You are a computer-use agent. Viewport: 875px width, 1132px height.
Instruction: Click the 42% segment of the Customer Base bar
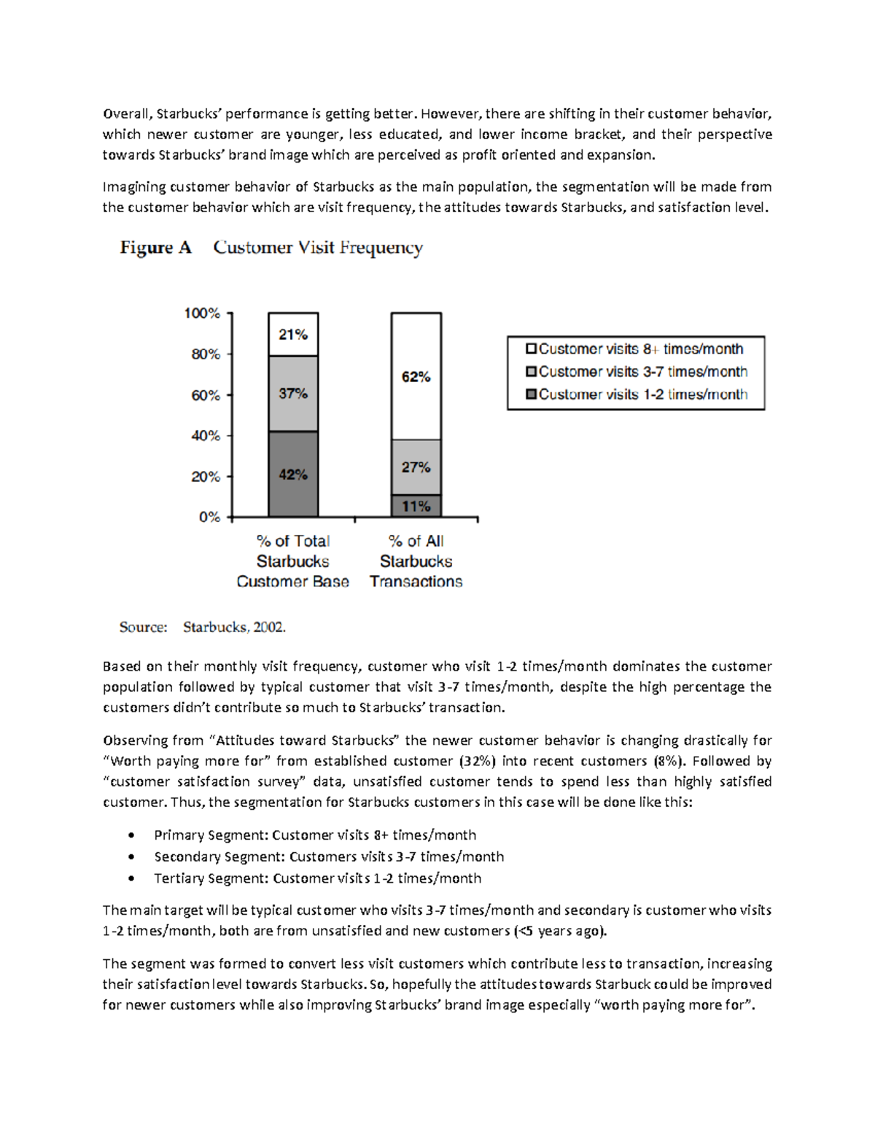pyautogui.click(x=293, y=475)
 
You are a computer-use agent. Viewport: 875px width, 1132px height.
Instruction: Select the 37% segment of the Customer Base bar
pyautogui.click(x=293, y=394)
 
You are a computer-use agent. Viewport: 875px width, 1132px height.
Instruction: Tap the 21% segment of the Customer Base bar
pyautogui.click(x=293, y=335)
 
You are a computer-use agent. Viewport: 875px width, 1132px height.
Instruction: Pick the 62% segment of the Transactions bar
pyautogui.click(x=416, y=377)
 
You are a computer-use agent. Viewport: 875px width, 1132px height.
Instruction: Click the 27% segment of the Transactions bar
pyautogui.click(x=416, y=467)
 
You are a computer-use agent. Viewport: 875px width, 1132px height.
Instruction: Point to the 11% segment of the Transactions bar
pyautogui.click(x=416, y=507)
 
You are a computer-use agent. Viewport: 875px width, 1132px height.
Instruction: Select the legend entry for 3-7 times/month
pyautogui.click(x=637, y=372)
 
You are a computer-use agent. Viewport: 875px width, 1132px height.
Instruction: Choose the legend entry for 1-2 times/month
pyautogui.click(x=637, y=394)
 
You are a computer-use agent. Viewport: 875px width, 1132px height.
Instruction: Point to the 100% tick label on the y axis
pyautogui.click(x=202, y=313)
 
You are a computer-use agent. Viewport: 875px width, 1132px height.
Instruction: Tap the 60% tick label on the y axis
pyautogui.click(x=205, y=395)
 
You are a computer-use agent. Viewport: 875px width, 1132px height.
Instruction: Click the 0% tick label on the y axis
pyautogui.click(x=209, y=517)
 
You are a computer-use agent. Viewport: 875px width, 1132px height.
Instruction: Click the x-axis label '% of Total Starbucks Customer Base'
pyautogui.click(x=293, y=561)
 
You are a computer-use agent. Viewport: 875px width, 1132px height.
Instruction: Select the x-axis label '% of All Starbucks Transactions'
pyautogui.click(x=416, y=561)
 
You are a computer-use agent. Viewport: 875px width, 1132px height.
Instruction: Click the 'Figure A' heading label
pyautogui.click(x=155, y=248)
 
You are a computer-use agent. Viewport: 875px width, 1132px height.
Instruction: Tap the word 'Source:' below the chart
pyautogui.click(x=144, y=627)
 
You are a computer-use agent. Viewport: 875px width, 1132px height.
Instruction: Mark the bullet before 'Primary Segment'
pyautogui.click(x=131, y=835)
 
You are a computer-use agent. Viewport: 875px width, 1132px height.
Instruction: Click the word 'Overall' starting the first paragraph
pyautogui.click(x=126, y=114)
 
